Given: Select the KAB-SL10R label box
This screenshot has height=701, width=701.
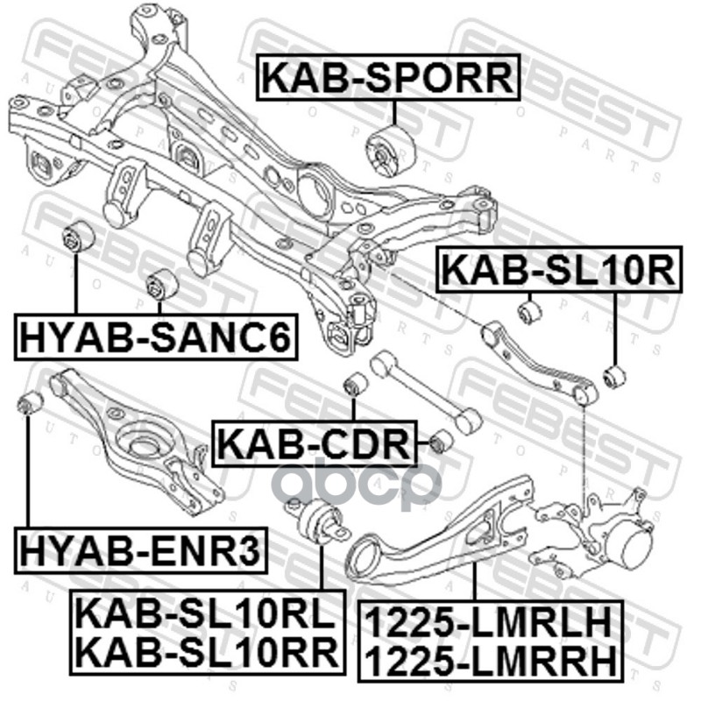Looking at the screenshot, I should coord(557,272).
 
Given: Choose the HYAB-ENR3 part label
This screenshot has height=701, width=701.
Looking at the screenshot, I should coord(141,552).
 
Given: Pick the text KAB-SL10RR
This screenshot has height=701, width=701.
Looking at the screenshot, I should coord(205,651).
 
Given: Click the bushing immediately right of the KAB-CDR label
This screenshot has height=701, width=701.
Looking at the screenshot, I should coord(443,439).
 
